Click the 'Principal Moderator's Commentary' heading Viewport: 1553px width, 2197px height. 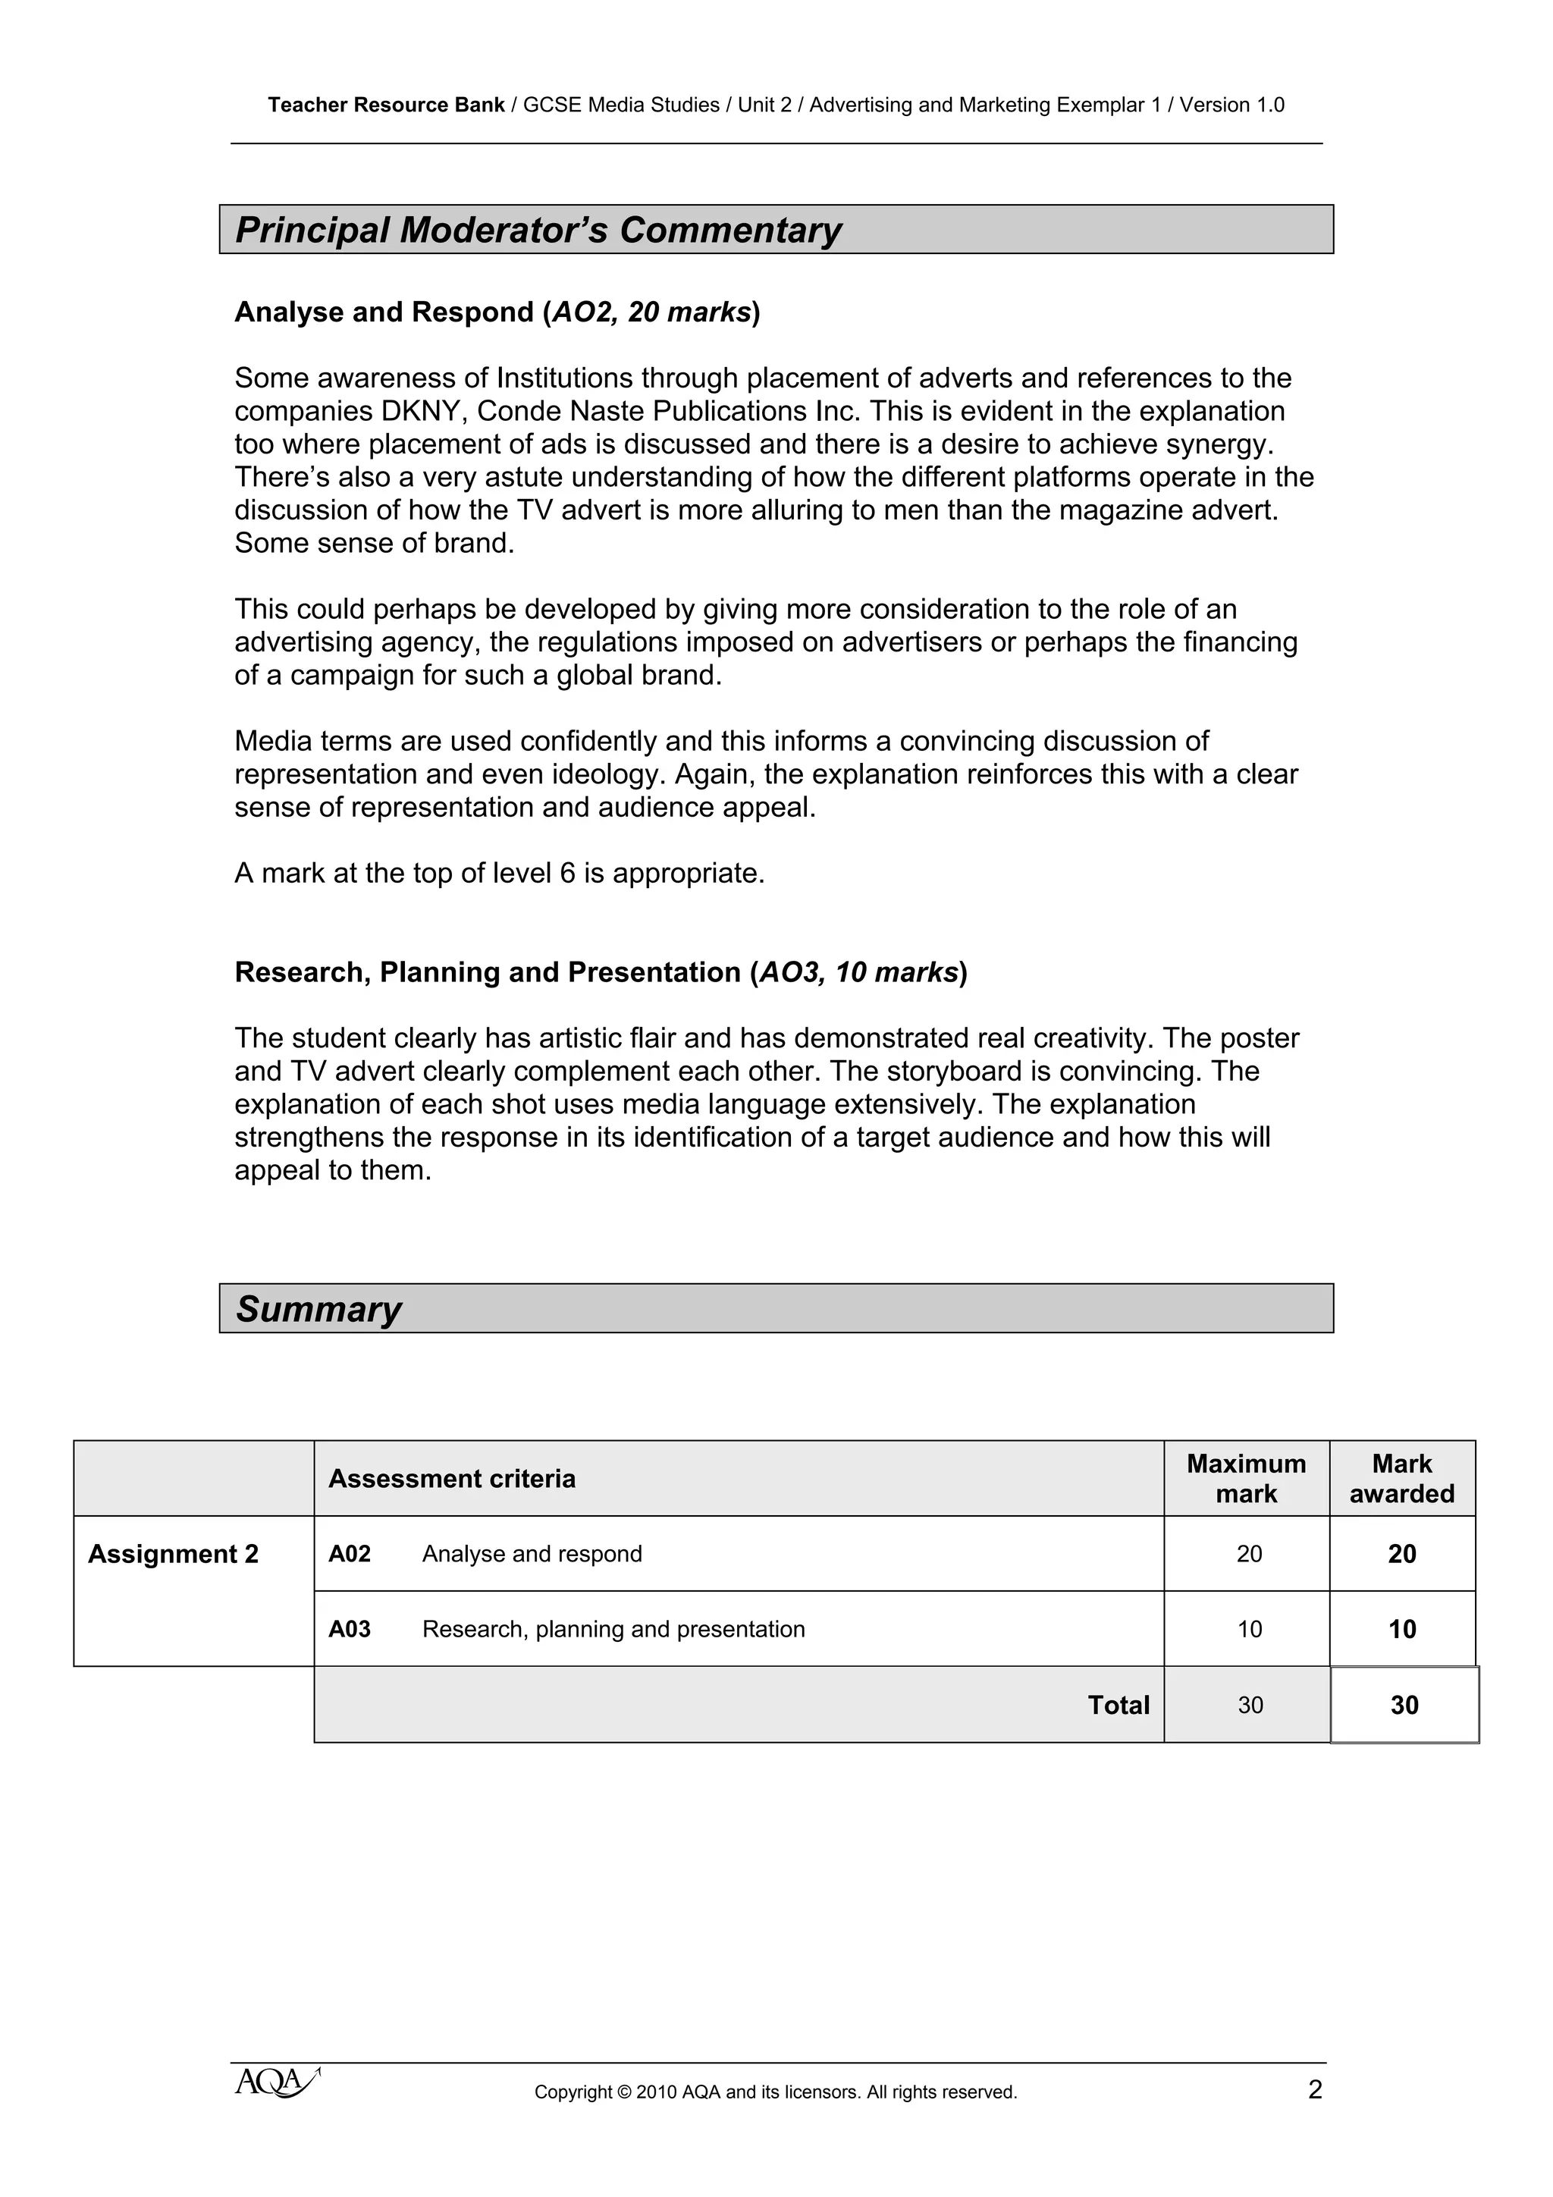[x=538, y=230]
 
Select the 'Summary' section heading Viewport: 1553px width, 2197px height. [x=318, y=1308]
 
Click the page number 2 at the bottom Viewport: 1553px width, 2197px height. [x=1315, y=2090]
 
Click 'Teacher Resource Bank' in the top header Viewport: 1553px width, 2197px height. [x=386, y=105]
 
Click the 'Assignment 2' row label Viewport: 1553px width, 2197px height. [x=173, y=1554]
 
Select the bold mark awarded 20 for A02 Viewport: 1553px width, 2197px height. [x=1402, y=1554]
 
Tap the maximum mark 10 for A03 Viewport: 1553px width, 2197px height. [x=1249, y=1630]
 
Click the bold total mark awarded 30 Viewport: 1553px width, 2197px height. [x=1404, y=1705]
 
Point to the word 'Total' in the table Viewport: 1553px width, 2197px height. [x=1118, y=1705]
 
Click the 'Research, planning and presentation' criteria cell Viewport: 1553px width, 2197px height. [x=613, y=1630]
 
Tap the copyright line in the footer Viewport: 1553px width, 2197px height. [x=775, y=2092]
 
